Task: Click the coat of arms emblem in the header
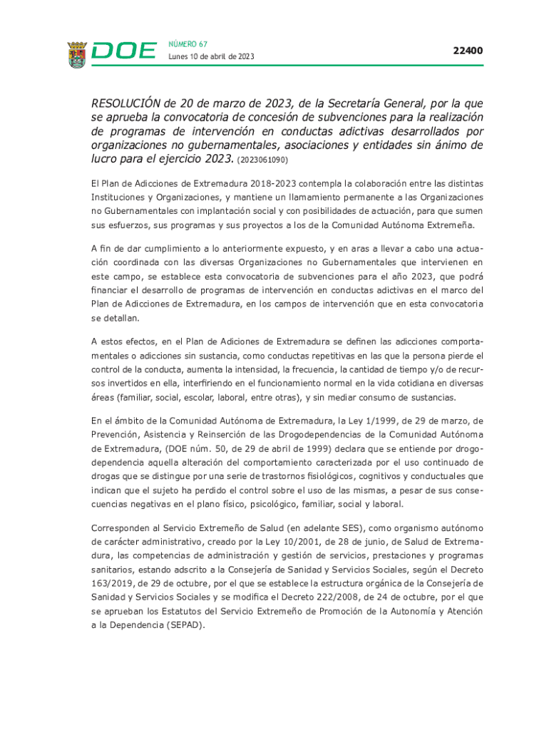tap(77, 53)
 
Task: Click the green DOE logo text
tap(125, 51)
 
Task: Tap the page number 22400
tap(468, 51)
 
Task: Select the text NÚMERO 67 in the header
tap(188, 44)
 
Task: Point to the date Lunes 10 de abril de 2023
tap(211, 57)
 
